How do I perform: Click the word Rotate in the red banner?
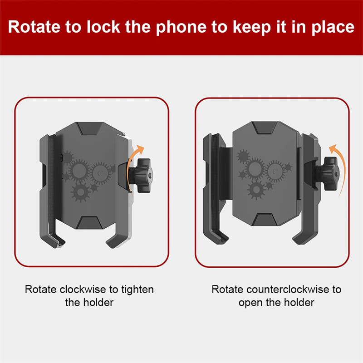click(x=34, y=27)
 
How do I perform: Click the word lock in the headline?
click(x=103, y=26)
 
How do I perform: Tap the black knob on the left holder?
click(x=141, y=176)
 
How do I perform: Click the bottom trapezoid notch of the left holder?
click(x=89, y=223)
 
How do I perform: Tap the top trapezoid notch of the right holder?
click(x=265, y=128)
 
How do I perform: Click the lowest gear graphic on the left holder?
click(x=81, y=191)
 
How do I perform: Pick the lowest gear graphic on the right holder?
click(x=256, y=190)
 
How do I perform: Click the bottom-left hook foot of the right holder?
click(x=216, y=236)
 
